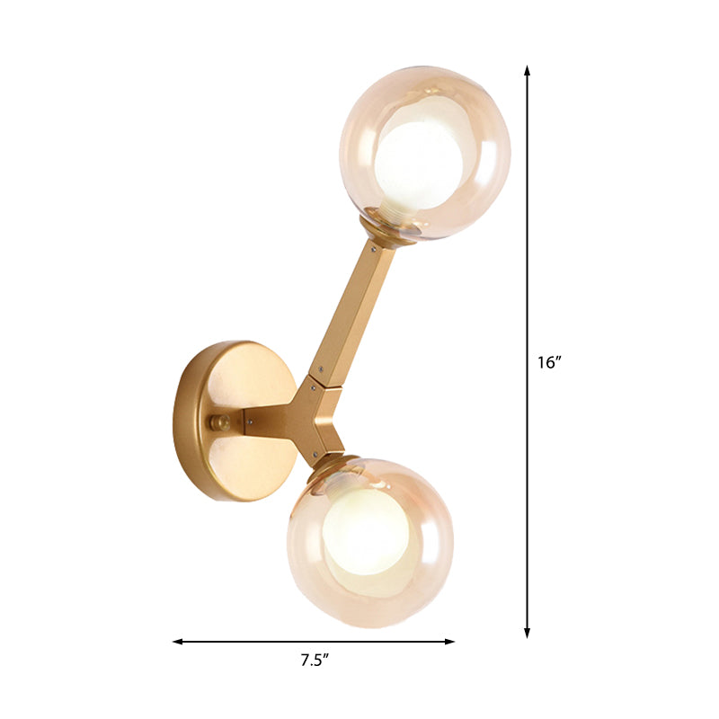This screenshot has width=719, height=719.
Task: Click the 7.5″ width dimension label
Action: pyautogui.click(x=314, y=661)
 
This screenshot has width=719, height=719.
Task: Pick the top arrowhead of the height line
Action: pyautogui.click(x=528, y=70)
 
